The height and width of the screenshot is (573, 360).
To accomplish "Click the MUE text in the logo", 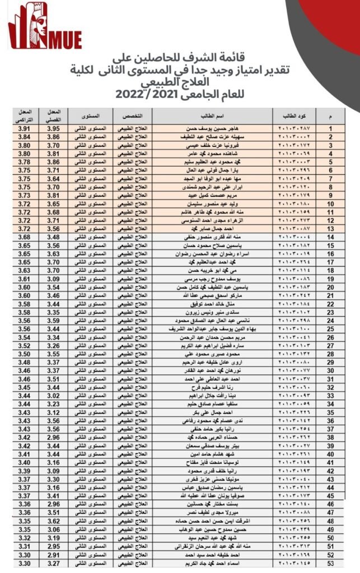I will (x=67, y=40).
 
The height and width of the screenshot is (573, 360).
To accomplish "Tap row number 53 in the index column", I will (x=331, y=562).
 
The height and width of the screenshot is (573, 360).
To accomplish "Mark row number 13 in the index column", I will (x=331, y=229).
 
